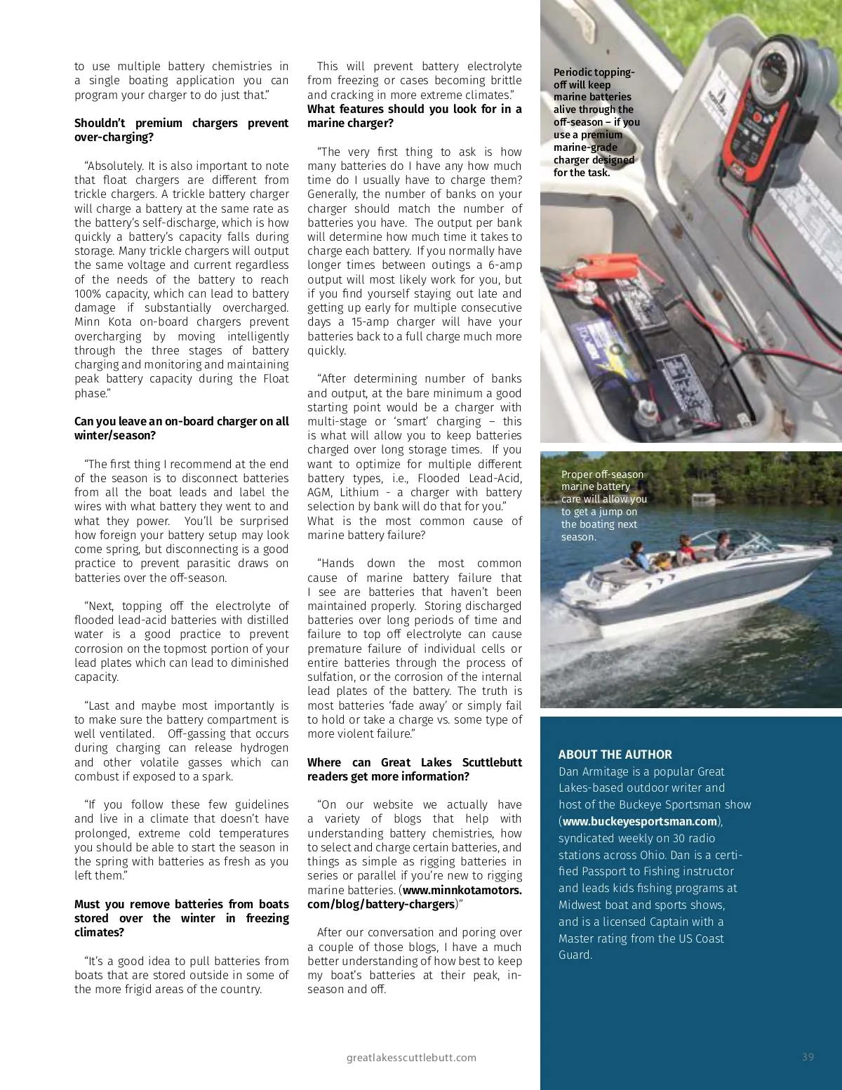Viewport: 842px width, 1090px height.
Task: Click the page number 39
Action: coord(808,1057)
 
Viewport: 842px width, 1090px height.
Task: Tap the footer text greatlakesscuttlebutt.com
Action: coord(411,1058)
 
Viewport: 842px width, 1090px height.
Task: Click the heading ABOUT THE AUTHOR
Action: coord(615,755)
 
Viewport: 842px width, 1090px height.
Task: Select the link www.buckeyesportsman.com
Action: coord(640,821)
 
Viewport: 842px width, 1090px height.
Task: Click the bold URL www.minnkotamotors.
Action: coord(462,890)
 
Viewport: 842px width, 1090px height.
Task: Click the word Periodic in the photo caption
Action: coord(573,72)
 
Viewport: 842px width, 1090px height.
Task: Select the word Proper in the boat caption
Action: coord(577,474)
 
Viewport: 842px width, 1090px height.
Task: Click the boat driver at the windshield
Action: coord(722,544)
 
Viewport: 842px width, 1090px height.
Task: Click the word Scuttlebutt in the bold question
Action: coord(492,762)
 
